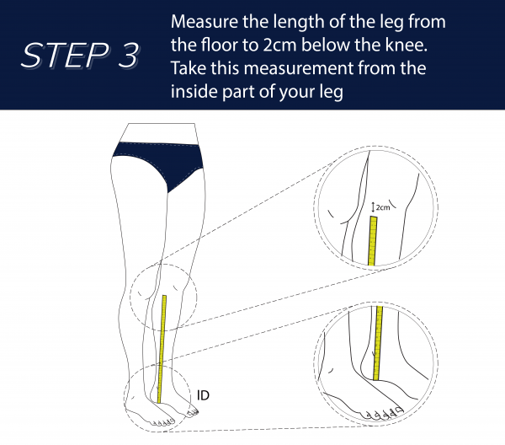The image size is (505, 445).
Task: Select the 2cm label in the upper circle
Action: click(383, 206)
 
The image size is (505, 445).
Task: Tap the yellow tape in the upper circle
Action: click(372, 241)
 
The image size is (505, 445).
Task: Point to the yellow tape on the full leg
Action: click(162, 346)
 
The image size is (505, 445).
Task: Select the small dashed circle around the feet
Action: click(126, 396)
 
